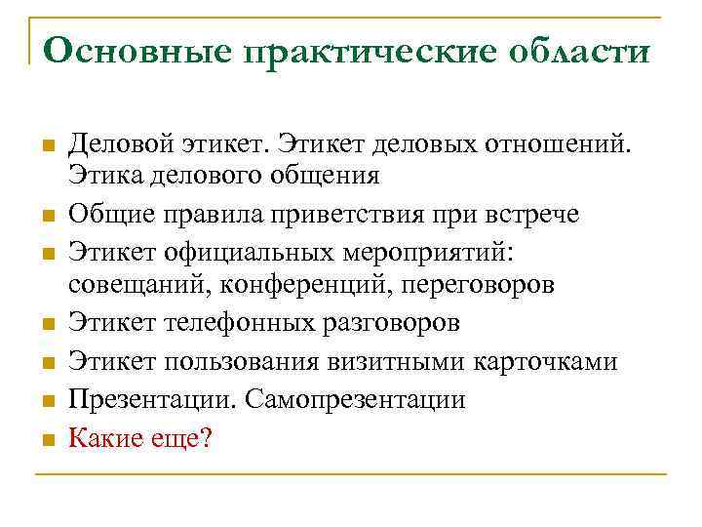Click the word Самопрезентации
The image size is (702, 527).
357,399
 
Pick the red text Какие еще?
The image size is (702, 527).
139,438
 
